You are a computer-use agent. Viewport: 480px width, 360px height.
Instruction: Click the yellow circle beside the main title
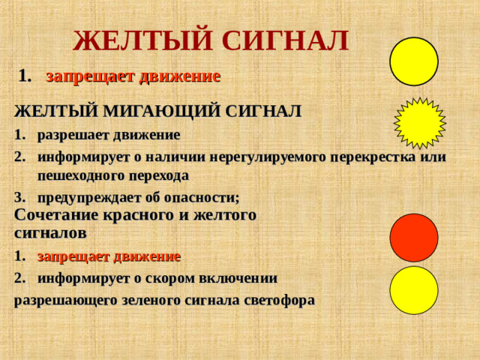pos(414,61)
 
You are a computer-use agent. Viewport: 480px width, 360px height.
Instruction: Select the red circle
pos(414,238)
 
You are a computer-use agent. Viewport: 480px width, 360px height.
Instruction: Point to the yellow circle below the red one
pos(414,290)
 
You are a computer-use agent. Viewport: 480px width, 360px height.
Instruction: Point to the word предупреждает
pos(92,196)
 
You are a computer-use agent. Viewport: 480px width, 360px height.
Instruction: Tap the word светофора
pos(266,299)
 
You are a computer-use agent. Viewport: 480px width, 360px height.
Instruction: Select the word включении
pos(239,278)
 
